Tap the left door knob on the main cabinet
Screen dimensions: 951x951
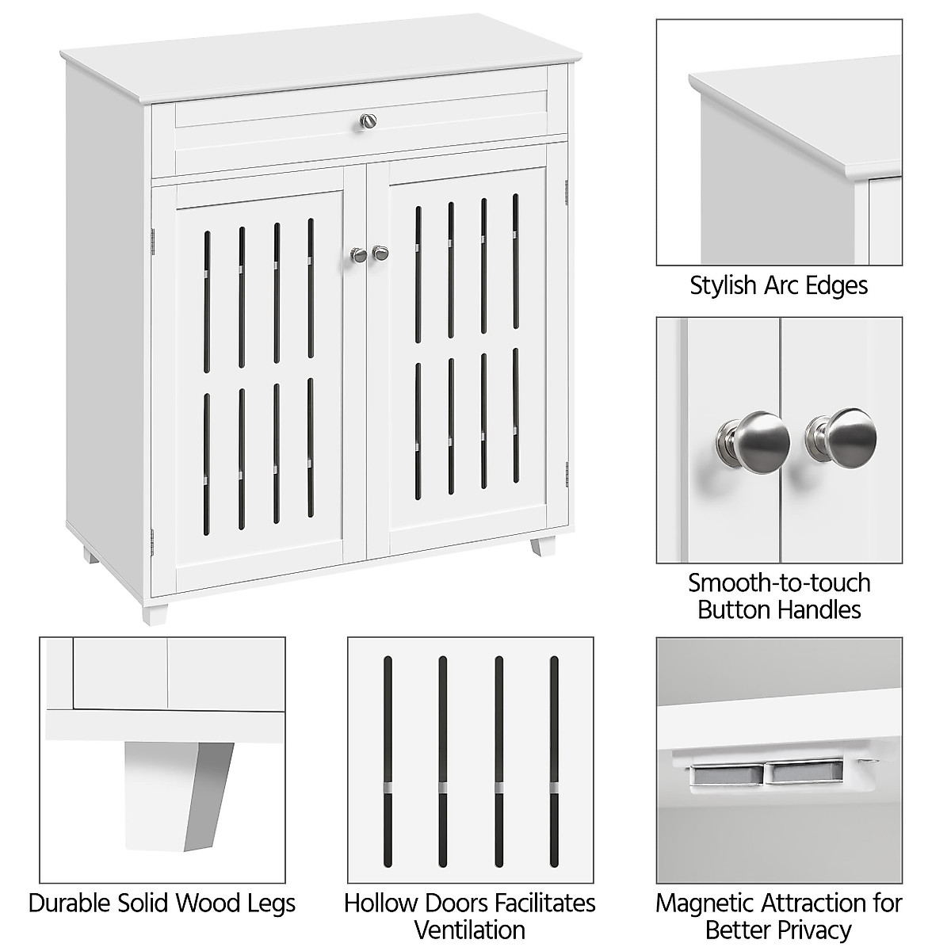[x=358, y=254]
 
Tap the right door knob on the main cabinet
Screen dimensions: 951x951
[x=381, y=252]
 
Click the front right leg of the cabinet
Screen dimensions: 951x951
[x=544, y=548]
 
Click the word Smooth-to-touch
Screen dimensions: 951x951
[x=779, y=583]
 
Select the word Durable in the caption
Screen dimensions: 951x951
[x=71, y=903]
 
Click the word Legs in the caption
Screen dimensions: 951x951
[x=269, y=903]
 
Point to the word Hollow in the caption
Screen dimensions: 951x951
[x=382, y=903]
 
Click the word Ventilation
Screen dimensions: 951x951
[x=470, y=930]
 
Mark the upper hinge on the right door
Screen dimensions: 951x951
[x=567, y=190]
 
